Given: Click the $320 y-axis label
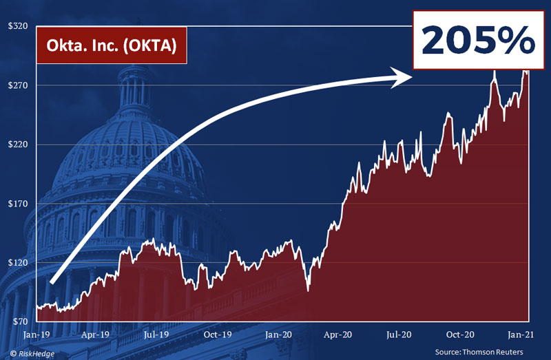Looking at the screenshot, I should [17, 26].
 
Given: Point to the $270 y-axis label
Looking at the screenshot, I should [17, 85].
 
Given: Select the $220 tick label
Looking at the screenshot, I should [17, 145].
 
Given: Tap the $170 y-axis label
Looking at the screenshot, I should [17, 204].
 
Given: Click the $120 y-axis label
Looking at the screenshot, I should [17, 263].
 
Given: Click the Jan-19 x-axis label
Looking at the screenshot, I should [35, 335].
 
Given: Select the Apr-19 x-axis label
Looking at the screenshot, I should [96, 335].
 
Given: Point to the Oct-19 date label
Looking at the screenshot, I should [218, 335].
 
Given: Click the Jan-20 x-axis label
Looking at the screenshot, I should [279, 335].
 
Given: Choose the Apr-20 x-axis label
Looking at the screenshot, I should [340, 335].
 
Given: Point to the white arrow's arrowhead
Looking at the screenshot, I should [403, 77].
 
